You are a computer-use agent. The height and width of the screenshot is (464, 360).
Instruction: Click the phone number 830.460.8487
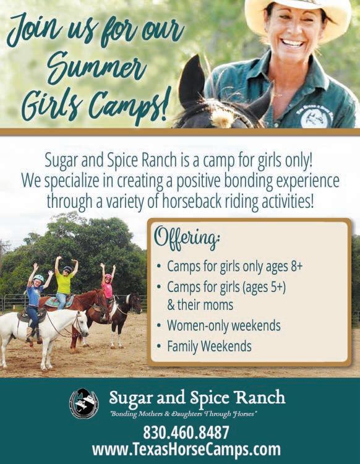pos(186,432)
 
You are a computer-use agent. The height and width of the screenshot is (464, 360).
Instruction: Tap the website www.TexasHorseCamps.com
pos(186,450)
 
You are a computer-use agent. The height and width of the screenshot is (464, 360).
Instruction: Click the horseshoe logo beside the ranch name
pos(84,403)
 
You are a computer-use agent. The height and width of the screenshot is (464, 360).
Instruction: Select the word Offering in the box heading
pos(187,237)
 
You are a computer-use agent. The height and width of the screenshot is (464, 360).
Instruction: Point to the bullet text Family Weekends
pos(209,346)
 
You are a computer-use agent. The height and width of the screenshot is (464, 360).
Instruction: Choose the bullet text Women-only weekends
pos(224,325)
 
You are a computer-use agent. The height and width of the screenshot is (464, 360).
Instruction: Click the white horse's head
pos(80,325)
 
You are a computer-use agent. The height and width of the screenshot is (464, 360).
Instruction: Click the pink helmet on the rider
pos(108,277)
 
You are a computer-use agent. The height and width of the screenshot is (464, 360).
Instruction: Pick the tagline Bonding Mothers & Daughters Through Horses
pos(183,413)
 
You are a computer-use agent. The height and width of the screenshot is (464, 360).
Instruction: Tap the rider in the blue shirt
pos(35,302)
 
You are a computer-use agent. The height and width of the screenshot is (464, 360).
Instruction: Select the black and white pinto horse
pos(124,317)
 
